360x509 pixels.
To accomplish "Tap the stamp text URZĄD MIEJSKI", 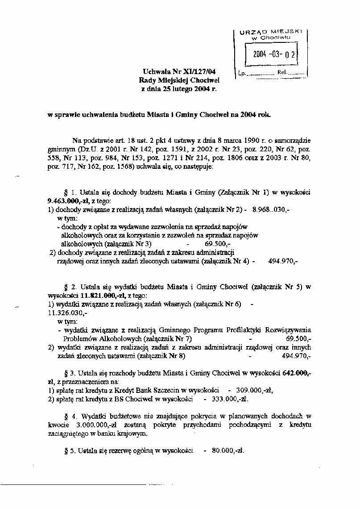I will (271, 32).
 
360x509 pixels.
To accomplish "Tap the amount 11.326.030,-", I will (67, 313).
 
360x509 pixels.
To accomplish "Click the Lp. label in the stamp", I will (242, 72).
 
